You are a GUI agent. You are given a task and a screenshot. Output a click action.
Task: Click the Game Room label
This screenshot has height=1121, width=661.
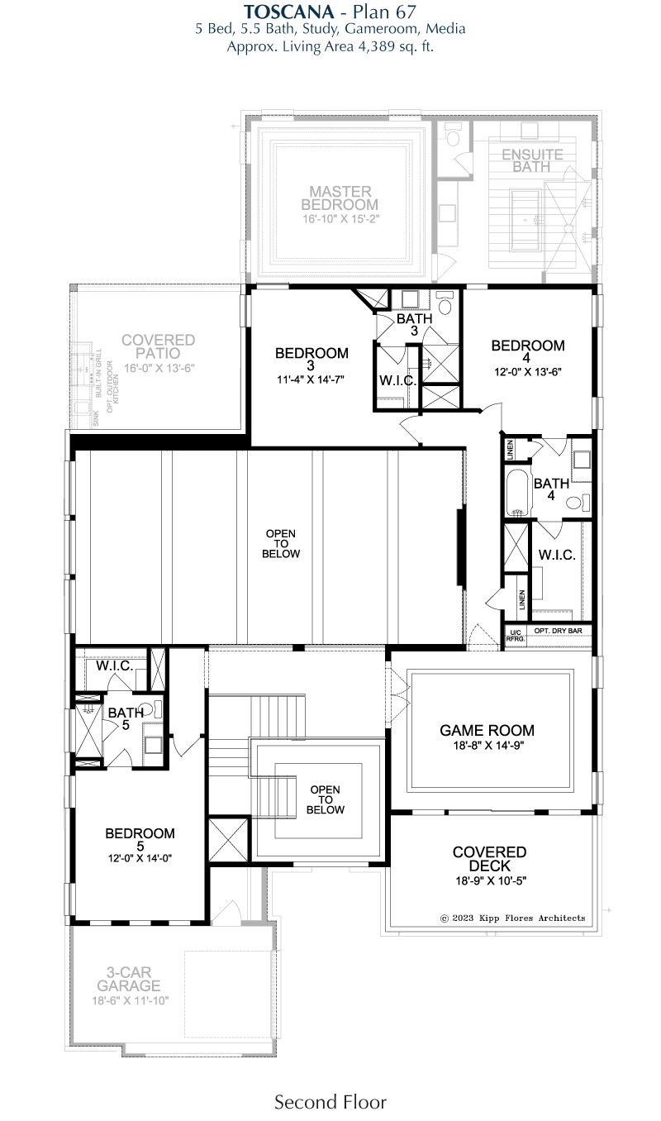[x=487, y=730]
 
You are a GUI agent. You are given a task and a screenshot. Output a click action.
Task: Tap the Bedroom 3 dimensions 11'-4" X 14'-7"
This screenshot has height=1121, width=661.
[x=311, y=379]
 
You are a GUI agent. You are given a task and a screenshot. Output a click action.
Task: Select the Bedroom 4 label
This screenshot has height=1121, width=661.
[x=527, y=351]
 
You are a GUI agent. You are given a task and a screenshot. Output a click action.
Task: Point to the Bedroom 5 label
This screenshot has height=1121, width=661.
[x=140, y=839]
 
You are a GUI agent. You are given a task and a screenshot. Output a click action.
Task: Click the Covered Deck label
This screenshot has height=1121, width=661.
[x=489, y=859]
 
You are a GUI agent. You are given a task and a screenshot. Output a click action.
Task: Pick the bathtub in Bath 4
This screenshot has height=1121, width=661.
[x=517, y=494]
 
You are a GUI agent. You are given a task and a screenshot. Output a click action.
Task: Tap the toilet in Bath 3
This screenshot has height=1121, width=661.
[x=444, y=303]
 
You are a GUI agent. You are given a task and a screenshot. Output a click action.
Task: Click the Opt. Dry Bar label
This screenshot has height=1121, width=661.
[x=558, y=631]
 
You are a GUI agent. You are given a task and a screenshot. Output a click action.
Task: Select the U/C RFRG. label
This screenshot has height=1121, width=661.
[x=515, y=636]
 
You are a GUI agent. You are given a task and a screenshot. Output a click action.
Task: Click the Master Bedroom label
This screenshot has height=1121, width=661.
[x=340, y=198]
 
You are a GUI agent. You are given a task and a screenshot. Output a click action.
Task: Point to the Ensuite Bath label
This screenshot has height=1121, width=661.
[x=532, y=160]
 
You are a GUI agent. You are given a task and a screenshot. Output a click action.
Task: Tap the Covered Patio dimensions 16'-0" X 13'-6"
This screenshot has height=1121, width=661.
[x=159, y=369]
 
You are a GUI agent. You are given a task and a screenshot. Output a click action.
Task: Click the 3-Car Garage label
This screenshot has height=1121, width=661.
[x=129, y=979]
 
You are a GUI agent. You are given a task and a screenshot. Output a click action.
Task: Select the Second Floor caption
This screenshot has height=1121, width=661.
[x=330, y=1103]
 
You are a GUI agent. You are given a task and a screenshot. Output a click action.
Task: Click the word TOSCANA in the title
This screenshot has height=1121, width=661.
[x=288, y=11]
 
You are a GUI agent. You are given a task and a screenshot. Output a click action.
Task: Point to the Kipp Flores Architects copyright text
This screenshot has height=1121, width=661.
[x=512, y=918]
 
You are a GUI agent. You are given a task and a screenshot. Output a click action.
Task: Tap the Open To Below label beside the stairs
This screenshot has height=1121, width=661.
[x=325, y=799]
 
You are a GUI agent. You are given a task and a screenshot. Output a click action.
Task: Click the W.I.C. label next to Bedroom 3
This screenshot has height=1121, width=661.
[x=398, y=380]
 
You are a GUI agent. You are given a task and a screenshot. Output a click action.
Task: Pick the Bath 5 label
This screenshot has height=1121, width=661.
[x=126, y=718]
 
